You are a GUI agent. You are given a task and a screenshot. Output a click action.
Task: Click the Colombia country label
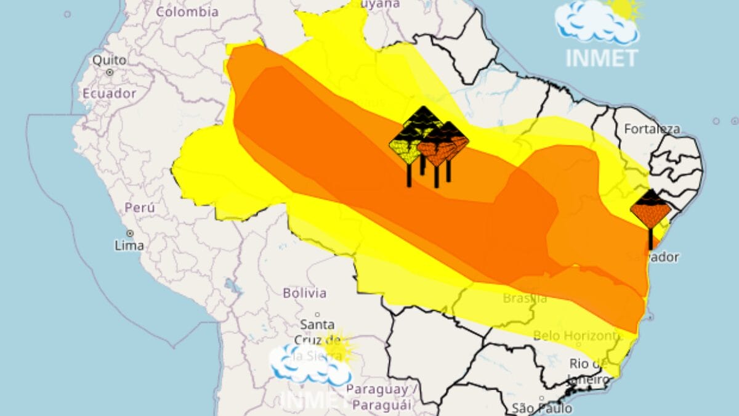click(187, 12)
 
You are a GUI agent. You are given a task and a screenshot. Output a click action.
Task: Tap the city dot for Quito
click(110, 72)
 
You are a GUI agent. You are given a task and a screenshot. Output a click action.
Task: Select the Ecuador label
click(110, 93)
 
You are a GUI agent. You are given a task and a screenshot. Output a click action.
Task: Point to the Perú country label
click(140, 207)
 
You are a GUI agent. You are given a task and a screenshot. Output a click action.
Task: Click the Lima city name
click(129, 245)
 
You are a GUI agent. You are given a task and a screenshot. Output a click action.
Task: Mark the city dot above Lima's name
click(130, 234)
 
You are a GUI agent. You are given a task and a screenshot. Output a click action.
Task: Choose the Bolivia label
click(305, 293)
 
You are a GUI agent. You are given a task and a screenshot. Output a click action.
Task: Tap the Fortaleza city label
click(652, 129)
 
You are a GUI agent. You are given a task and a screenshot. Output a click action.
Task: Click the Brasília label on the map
click(525, 298)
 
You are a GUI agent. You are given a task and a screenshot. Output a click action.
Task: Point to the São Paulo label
click(542, 408)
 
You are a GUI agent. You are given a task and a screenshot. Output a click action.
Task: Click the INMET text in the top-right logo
click(602, 57)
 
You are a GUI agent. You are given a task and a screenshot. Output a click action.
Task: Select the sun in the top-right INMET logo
click(625, 9)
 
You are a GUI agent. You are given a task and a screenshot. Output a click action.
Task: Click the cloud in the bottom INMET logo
click(308, 364)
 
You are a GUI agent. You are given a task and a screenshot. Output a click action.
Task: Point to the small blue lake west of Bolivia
click(232, 286)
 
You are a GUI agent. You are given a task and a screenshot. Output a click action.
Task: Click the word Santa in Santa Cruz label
click(317, 324)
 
